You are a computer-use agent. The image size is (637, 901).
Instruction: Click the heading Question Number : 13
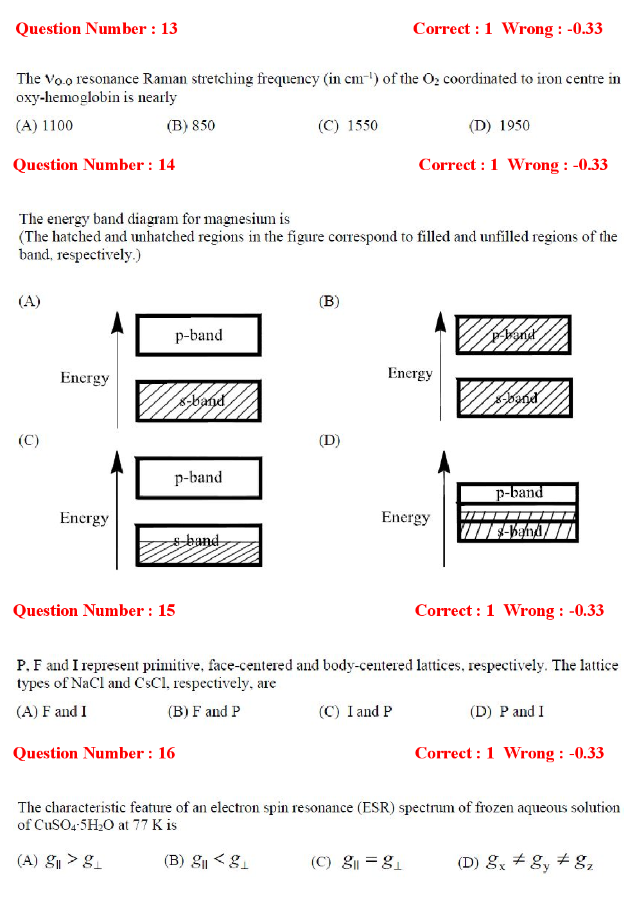click(x=96, y=29)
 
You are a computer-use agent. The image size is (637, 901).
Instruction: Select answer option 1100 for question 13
click(x=45, y=125)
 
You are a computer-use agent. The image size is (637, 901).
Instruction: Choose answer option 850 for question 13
click(x=191, y=125)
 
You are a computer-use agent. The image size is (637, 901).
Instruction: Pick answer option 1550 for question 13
click(x=349, y=125)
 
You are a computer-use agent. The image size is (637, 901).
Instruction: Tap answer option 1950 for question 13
click(x=500, y=125)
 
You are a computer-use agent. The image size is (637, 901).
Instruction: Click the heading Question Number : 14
click(x=94, y=165)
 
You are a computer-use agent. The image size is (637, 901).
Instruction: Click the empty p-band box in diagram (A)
click(x=198, y=335)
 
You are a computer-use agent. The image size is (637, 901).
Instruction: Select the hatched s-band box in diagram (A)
click(x=198, y=401)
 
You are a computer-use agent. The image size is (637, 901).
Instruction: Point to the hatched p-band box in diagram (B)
click(x=513, y=335)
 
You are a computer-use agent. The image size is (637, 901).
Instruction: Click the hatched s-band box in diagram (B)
click(x=514, y=398)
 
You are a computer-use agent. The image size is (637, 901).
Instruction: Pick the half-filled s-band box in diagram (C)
click(x=198, y=545)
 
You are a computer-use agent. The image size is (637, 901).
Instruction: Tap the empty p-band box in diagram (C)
click(x=198, y=478)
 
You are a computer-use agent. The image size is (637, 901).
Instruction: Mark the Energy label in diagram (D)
click(x=405, y=518)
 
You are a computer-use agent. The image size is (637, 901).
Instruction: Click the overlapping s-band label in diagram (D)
click(x=519, y=531)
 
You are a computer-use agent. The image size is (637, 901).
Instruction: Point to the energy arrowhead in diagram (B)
click(x=441, y=322)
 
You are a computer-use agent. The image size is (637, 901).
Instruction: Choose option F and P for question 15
click(x=204, y=712)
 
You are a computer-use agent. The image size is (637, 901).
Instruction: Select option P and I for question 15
click(x=507, y=712)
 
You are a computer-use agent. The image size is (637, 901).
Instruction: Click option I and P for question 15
click(x=356, y=712)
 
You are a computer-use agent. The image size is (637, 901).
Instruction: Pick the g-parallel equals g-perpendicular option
click(x=357, y=862)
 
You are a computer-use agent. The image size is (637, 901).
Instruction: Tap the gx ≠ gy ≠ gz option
click(x=525, y=862)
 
